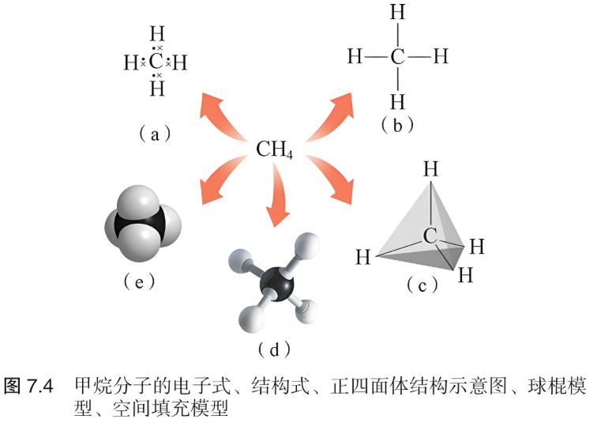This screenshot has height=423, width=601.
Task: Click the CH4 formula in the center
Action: pos(274,149)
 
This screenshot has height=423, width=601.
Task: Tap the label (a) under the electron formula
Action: pos(155,134)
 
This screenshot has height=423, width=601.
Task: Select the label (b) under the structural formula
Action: pos(397,125)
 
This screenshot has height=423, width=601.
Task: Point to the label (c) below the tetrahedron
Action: pos(422,285)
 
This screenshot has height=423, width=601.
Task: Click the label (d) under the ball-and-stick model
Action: pos(274,349)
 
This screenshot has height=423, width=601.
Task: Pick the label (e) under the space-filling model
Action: pos(139,281)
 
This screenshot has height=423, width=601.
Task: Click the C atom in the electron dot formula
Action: pos(156,62)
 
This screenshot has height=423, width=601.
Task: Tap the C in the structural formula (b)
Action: pos(398,57)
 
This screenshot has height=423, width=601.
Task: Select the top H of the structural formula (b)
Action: pos(398,12)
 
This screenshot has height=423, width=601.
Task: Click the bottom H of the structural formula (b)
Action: pos(398,102)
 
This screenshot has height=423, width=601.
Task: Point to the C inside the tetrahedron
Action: pos(430,236)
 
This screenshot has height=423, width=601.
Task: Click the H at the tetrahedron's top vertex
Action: pos(431,169)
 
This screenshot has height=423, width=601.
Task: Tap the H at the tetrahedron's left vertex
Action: pos(363,257)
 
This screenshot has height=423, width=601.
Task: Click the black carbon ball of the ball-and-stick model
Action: pos(276,285)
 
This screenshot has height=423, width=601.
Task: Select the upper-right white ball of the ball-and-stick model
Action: pos(306,246)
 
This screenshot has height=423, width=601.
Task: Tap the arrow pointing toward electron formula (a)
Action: pos(222,116)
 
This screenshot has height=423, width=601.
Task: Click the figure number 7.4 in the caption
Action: pos(40,386)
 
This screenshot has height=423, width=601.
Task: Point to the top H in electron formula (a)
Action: pos(157,34)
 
